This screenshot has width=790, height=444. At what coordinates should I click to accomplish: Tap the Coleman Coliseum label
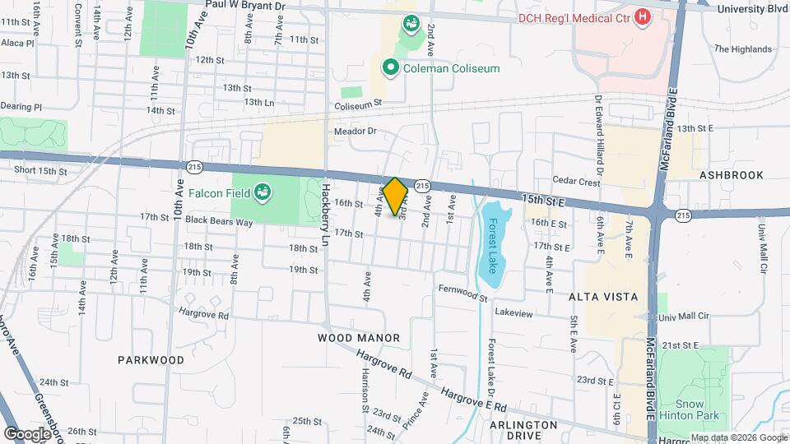click(451, 68)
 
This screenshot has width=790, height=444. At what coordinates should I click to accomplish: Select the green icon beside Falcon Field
click(263, 192)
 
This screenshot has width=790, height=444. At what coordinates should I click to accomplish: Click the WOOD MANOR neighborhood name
click(359, 338)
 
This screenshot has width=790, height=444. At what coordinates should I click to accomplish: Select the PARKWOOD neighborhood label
click(151, 360)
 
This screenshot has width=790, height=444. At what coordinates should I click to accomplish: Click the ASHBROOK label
click(732, 175)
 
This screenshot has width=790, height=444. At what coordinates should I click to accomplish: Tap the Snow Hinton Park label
click(690, 409)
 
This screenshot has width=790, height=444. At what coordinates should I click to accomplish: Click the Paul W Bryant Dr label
click(245, 5)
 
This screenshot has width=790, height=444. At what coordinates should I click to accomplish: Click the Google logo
click(27, 433)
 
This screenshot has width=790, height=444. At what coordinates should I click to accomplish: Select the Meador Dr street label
click(355, 131)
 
